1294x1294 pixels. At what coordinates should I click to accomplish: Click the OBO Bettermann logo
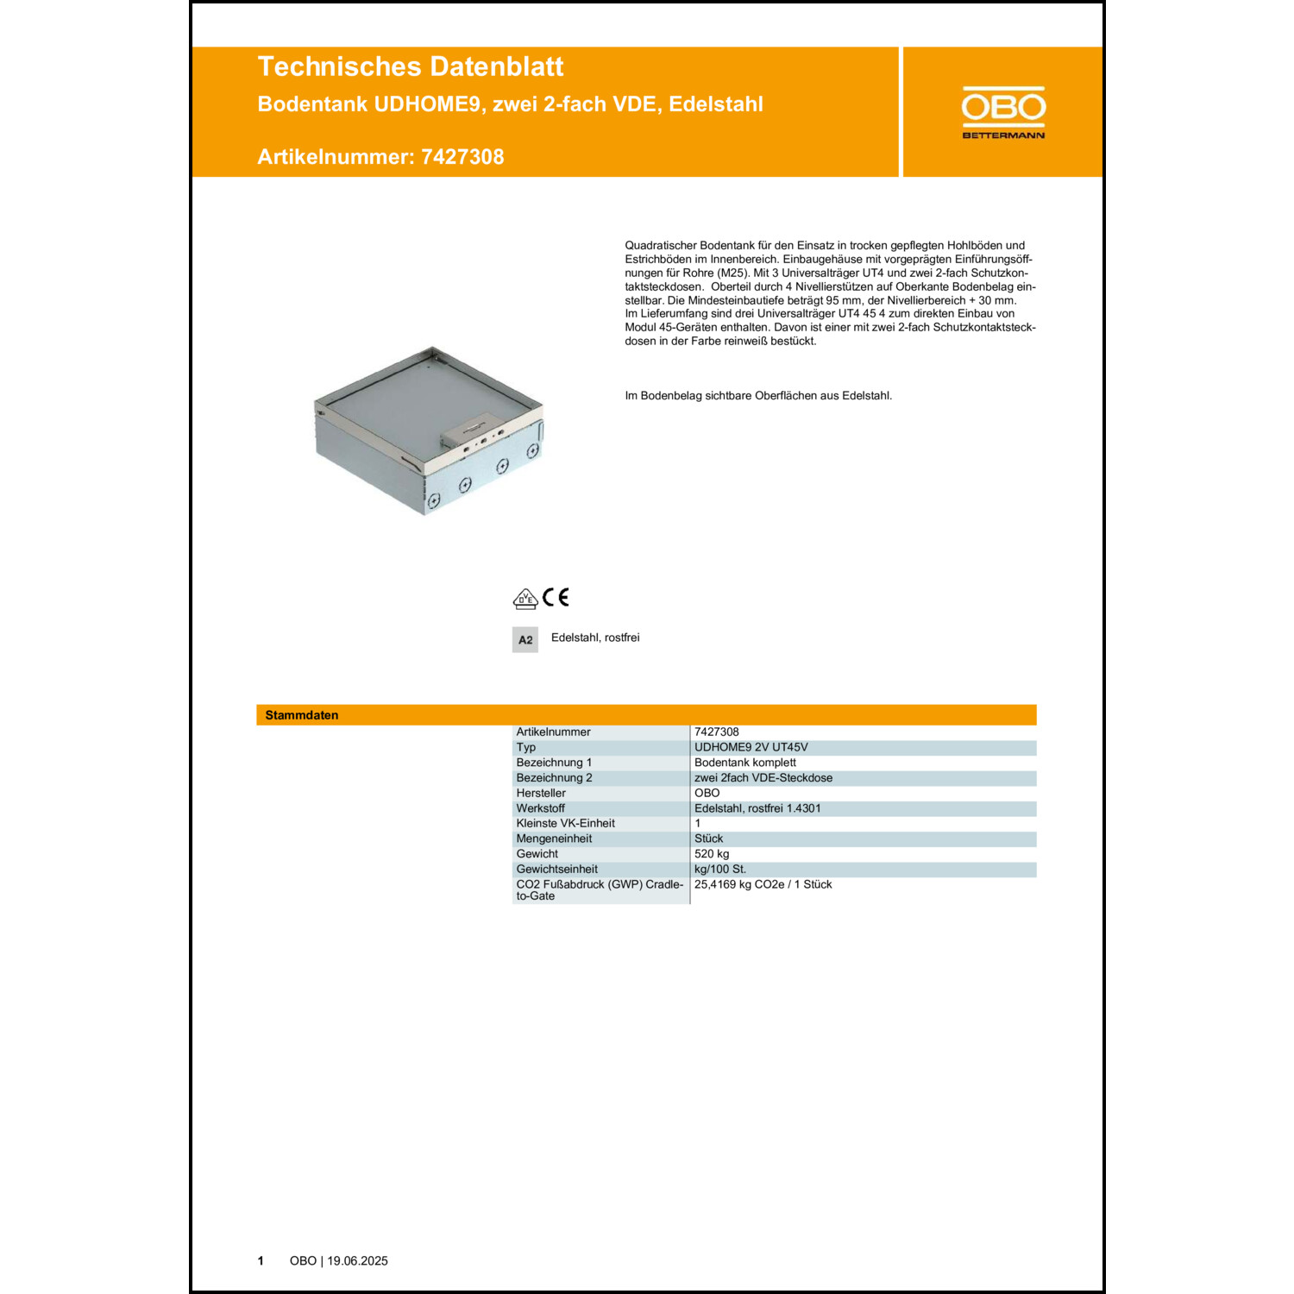click(1003, 112)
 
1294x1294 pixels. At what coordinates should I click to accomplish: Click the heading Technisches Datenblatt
click(411, 67)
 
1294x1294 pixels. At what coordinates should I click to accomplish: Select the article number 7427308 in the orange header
click(462, 157)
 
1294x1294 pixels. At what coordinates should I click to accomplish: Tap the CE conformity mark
click(556, 597)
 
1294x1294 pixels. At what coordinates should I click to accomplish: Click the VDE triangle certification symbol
click(525, 599)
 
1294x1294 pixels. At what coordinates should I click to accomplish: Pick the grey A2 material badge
click(525, 640)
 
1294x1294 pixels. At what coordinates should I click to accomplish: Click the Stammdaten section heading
click(302, 715)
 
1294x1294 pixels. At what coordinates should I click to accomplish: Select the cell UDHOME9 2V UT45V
click(751, 747)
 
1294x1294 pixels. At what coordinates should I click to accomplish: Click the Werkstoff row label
click(540, 808)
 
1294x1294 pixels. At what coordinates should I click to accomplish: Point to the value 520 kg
click(712, 854)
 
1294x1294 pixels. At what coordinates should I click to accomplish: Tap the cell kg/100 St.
click(720, 870)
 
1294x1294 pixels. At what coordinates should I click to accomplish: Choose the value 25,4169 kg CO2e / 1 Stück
click(763, 885)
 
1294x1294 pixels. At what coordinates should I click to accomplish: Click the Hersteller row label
click(541, 793)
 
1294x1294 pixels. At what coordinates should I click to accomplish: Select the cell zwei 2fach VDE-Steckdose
click(763, 778)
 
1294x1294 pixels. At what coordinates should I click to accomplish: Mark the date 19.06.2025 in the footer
click(357, 1261)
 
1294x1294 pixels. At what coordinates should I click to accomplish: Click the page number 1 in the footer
click(261, 1261)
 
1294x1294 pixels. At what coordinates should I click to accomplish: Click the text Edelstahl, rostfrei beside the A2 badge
click(595, 638)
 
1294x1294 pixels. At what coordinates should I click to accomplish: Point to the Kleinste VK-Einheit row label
click(565, 824)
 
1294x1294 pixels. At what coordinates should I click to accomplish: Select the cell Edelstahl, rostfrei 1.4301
click(757, 808)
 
